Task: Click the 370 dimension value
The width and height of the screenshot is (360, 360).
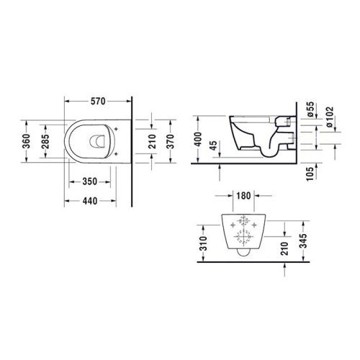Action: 172,140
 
